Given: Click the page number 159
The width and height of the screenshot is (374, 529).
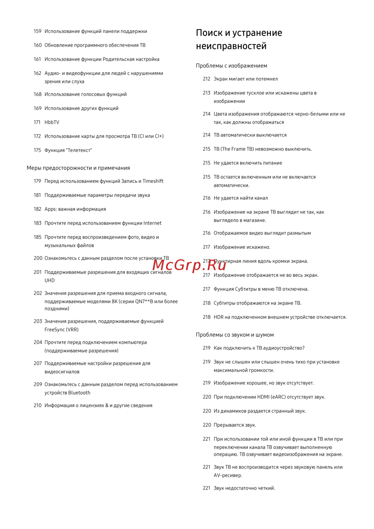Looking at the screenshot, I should (37, 31).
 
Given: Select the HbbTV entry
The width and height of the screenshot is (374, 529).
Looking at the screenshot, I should (52, 122).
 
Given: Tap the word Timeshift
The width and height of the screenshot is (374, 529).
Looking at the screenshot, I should (153, 181).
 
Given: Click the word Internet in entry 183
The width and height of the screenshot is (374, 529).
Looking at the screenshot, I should (152, 223).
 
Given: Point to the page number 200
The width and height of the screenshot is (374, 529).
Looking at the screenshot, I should (38, 259).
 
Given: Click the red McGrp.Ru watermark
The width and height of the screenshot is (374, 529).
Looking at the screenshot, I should (189, 265).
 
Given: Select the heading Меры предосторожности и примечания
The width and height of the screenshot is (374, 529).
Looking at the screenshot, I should (78, 168).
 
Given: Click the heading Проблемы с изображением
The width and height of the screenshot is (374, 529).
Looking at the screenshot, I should (232, 66).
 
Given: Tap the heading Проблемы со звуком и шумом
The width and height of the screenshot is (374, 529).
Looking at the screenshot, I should (234, 335).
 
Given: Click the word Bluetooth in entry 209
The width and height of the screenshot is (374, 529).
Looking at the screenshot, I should (79, 393).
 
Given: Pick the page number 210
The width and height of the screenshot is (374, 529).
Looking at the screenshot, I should (37, 406).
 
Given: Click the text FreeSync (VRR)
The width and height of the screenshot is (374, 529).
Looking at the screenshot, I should (61, 330).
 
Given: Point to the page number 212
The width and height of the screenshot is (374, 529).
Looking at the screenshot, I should (206, 79).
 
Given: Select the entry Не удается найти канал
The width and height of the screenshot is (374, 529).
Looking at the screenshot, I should (240, 198).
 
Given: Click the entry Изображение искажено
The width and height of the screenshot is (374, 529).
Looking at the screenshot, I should (242, 247).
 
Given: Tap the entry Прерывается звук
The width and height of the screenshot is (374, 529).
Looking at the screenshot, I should (234, 425).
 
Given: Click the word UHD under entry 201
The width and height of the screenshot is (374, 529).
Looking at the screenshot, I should (49, 281).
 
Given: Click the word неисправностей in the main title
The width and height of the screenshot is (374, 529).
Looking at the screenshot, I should (231, 46).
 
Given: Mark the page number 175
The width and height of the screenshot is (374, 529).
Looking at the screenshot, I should (37, 150).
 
